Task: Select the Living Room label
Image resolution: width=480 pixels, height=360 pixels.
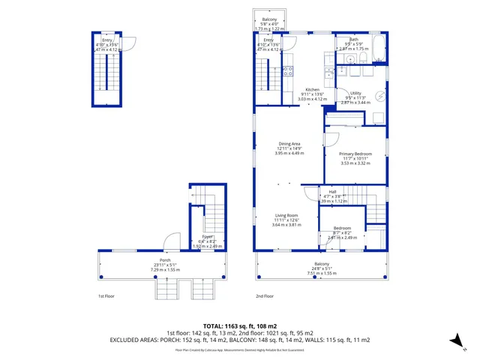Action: point(286,215)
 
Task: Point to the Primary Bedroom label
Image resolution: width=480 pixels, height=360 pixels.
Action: point(356,154)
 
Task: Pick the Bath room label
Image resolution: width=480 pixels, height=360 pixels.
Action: point(353,39)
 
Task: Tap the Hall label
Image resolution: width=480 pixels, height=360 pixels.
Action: point(332,192)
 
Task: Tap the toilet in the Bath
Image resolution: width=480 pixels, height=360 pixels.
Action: point(361,57)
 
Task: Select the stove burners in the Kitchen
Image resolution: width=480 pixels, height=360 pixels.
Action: point(287,72)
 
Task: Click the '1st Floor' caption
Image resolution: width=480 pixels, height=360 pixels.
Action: point(106,296)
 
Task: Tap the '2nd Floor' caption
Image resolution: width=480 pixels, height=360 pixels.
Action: point(264,296)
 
